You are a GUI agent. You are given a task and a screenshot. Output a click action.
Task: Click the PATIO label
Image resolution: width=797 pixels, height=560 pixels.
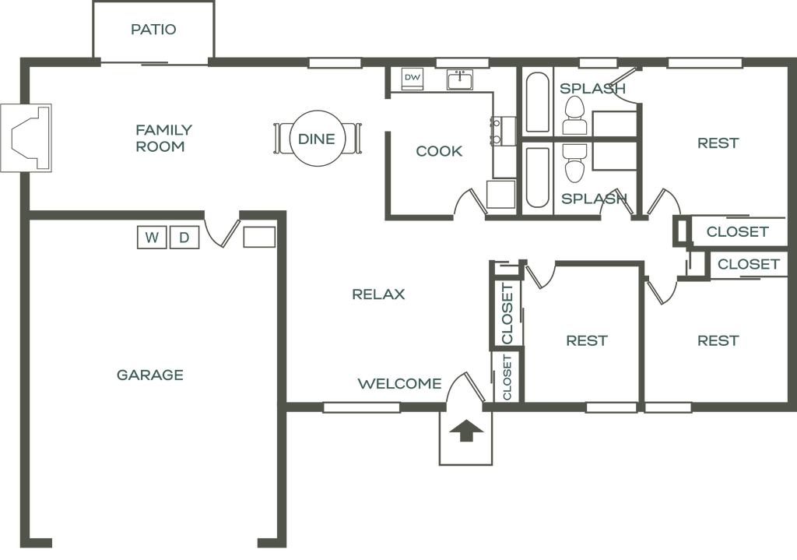pyautogui.click(x=154, y=30)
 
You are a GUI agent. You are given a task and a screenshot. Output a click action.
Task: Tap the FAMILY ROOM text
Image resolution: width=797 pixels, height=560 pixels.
pyautogui.click(x=163, y=138)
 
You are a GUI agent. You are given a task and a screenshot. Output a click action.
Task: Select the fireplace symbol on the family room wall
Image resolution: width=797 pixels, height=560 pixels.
pyautogui.click(x=25, y=137)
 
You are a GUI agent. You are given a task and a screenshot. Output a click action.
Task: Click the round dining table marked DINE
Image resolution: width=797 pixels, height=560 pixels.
pyautogui.click(x=317, y=139)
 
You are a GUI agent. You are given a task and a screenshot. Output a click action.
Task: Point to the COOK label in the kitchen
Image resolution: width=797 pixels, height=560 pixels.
pyautogui.click(x=439, y=151)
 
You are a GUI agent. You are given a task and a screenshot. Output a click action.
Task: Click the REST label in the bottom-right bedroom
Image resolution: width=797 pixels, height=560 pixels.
pyautogui.click(x=718, y=341)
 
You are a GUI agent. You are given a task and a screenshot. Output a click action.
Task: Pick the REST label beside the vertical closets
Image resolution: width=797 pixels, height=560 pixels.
pyautogui.click(x=587, y=341)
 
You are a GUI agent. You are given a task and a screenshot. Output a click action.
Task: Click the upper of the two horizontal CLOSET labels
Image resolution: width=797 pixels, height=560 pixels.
pyautogui.click(x=737, y=232)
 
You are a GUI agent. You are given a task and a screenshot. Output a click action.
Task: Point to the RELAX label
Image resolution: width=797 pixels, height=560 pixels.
pyautogui.click(x=380, y=294)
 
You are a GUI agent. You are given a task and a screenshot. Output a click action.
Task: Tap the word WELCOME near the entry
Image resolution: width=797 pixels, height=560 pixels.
pyautogui.click(x=399, y=384)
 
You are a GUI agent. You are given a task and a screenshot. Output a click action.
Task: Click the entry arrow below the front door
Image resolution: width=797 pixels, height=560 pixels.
pyautogui.click(x=465, y=431)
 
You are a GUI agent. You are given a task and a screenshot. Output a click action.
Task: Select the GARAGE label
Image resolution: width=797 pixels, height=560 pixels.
pyautogui.click(x=150, y=375)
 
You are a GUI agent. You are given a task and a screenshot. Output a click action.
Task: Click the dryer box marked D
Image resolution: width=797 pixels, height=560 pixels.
pyautogui.click(x=184, y=238)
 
